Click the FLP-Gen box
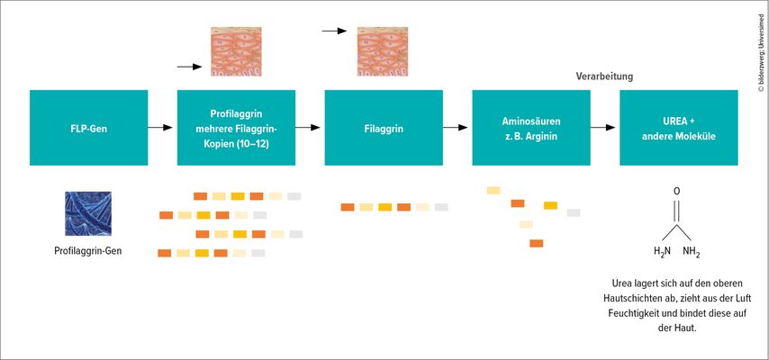pyautogui.click(x=89, y=128)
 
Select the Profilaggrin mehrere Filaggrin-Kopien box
pyautogui.click(x=237, y=128)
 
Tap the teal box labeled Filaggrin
pyautogui.click(x=384, y=128)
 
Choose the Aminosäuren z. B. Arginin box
pyautogui.click(x=531, y=128)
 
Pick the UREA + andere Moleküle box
pyautogui.click(x=679, y=128)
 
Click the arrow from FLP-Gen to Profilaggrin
pyautogui.click(x=160, y=128)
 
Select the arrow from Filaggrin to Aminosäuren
pyautogui.click(x=455, y=128)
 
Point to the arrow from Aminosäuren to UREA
pyautogui.click(x=602, y=128)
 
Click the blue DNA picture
pyautogui.click(x=88, y=213)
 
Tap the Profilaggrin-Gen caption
pyautogui.click(x=88, y=251)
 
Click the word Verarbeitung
pyautogui.click(x=604, y=76)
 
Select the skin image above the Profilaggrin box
pyautogui.click(x=236, y=51)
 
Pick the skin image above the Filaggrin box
pyautogui.click(x=383, y=51)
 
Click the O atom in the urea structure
pyautogui.click(x=677, y=192)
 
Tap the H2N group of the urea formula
pyautogui.click(x=662, y=252)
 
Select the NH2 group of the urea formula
pyautogui.click(x=692, y=253)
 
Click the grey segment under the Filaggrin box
pyautogui.click(x=441, y=207)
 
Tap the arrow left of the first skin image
pyautogui.click(x=189, y=67)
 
